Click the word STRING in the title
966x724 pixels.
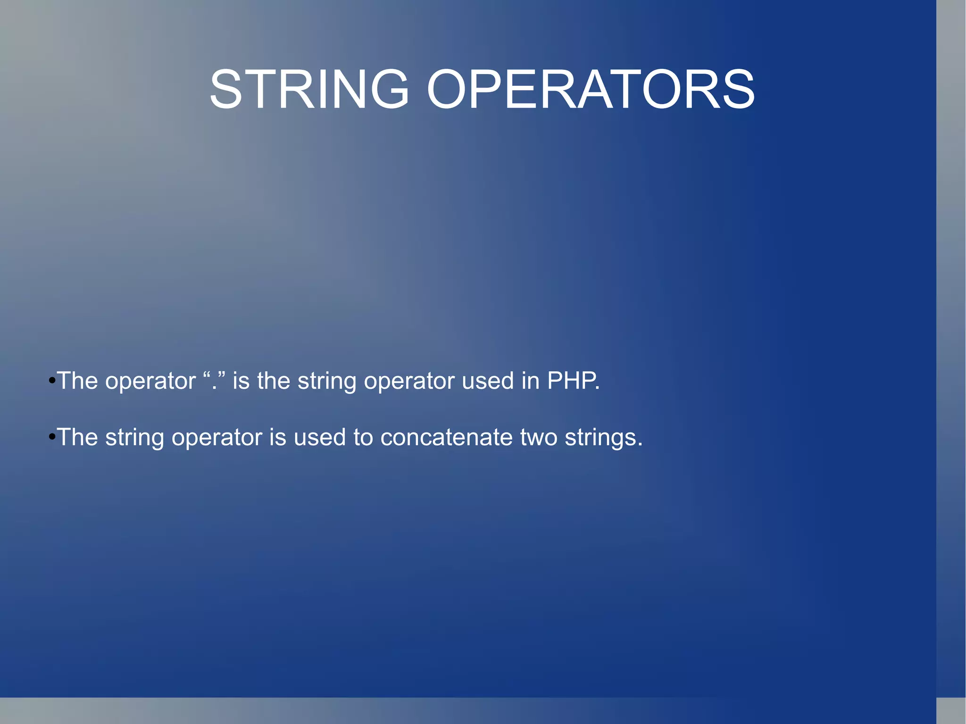click(309, 89)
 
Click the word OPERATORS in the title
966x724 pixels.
click(590, 89)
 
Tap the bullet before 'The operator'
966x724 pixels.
click(52, 381)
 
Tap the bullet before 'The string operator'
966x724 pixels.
click(52, 437)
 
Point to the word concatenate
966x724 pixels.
click(446, 437)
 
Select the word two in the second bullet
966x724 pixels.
click(538, 437)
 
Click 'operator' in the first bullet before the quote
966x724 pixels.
click(150, 382)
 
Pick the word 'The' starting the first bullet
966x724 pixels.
click(77, 381)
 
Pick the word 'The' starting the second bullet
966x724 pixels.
click(77, 437)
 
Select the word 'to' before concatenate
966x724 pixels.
click(363, 437)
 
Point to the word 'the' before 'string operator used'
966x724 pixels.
click(273, 381)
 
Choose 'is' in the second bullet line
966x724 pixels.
click(277, 437)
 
